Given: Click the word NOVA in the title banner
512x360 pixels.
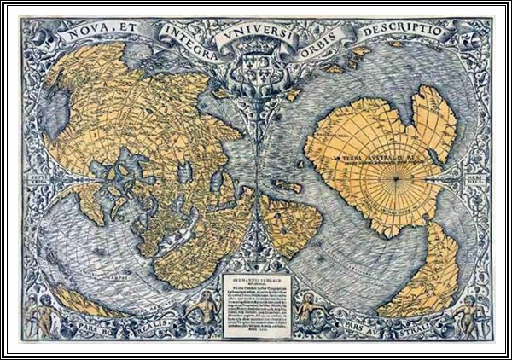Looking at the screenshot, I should (92, 37).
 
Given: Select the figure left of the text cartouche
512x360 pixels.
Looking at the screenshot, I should (205, 307).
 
